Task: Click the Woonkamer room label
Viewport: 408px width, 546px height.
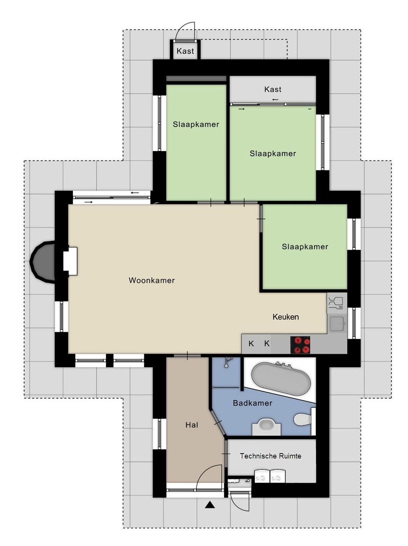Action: (x=152, y=280)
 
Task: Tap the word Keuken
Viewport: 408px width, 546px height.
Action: (x=285, y=317)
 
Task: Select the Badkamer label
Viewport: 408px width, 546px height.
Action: (x=252, y=403)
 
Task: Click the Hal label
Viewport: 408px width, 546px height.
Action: (x=192, y=425)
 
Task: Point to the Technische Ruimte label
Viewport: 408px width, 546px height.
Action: (x=270, y=456)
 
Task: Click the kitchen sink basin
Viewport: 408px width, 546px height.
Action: (x=337, y=324)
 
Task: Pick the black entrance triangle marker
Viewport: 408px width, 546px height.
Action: (x=210, y=505)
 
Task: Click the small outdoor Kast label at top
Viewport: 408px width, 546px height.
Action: (x=185, y=51)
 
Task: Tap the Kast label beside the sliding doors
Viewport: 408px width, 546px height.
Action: (x=272, y=89)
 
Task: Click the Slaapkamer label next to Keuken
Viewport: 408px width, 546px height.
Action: (x=305, y=247)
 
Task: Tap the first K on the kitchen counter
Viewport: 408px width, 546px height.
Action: (x=251, y=344)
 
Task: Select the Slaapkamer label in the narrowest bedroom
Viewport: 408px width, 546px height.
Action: (x=196, y=124)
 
